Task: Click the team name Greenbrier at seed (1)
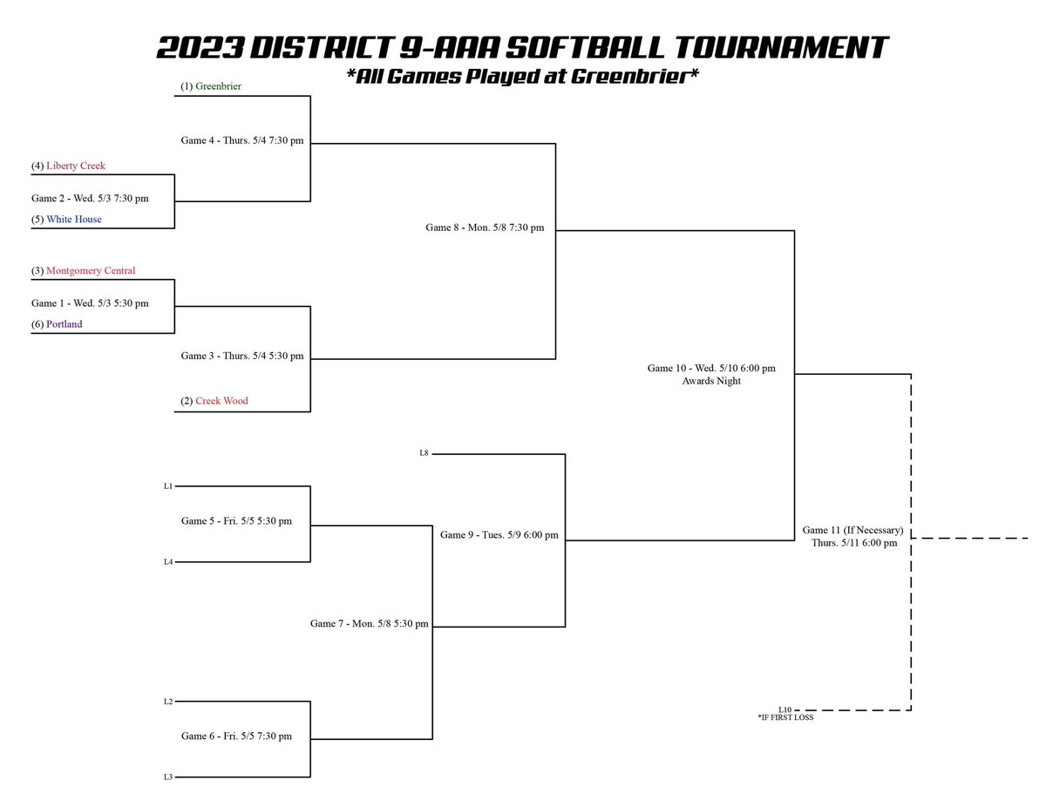[x=219, y=86]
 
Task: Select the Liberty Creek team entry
[x=76, y=166]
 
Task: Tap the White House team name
[x=74, y=220]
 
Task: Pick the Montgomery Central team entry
[x=91, y=271]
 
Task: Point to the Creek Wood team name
[x=221, y=402]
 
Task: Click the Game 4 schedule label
[x=242, y=139]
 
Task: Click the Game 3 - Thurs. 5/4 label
[x=242, y=356]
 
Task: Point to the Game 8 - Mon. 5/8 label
[x=485, y=227]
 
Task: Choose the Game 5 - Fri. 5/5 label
[x=236, y=521]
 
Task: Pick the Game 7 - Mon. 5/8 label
[x=370, y=624]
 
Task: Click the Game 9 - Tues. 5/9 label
[x=499, y=535]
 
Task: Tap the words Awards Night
[x=711, y=381]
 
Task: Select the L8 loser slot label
[x=424, y=453]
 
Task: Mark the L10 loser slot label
[x=785, y=710]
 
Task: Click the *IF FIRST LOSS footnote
[x=785, y=718]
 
